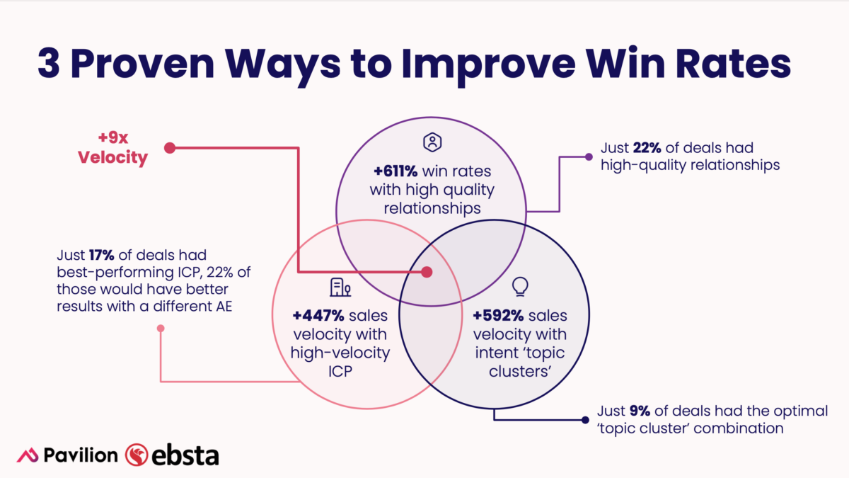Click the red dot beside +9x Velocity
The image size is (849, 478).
(x=169, y=148)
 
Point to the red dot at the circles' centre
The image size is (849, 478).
(x=427, y=272)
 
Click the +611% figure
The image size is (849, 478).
(x=395, y=171)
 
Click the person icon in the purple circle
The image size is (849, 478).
(x=431, y=142)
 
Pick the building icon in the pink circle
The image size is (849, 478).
(x=340, y=288)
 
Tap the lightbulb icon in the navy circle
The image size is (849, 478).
(x=520, y=286)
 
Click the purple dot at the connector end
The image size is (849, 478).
(x=589, y=157)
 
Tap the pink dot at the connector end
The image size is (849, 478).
(x=161, y=328)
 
